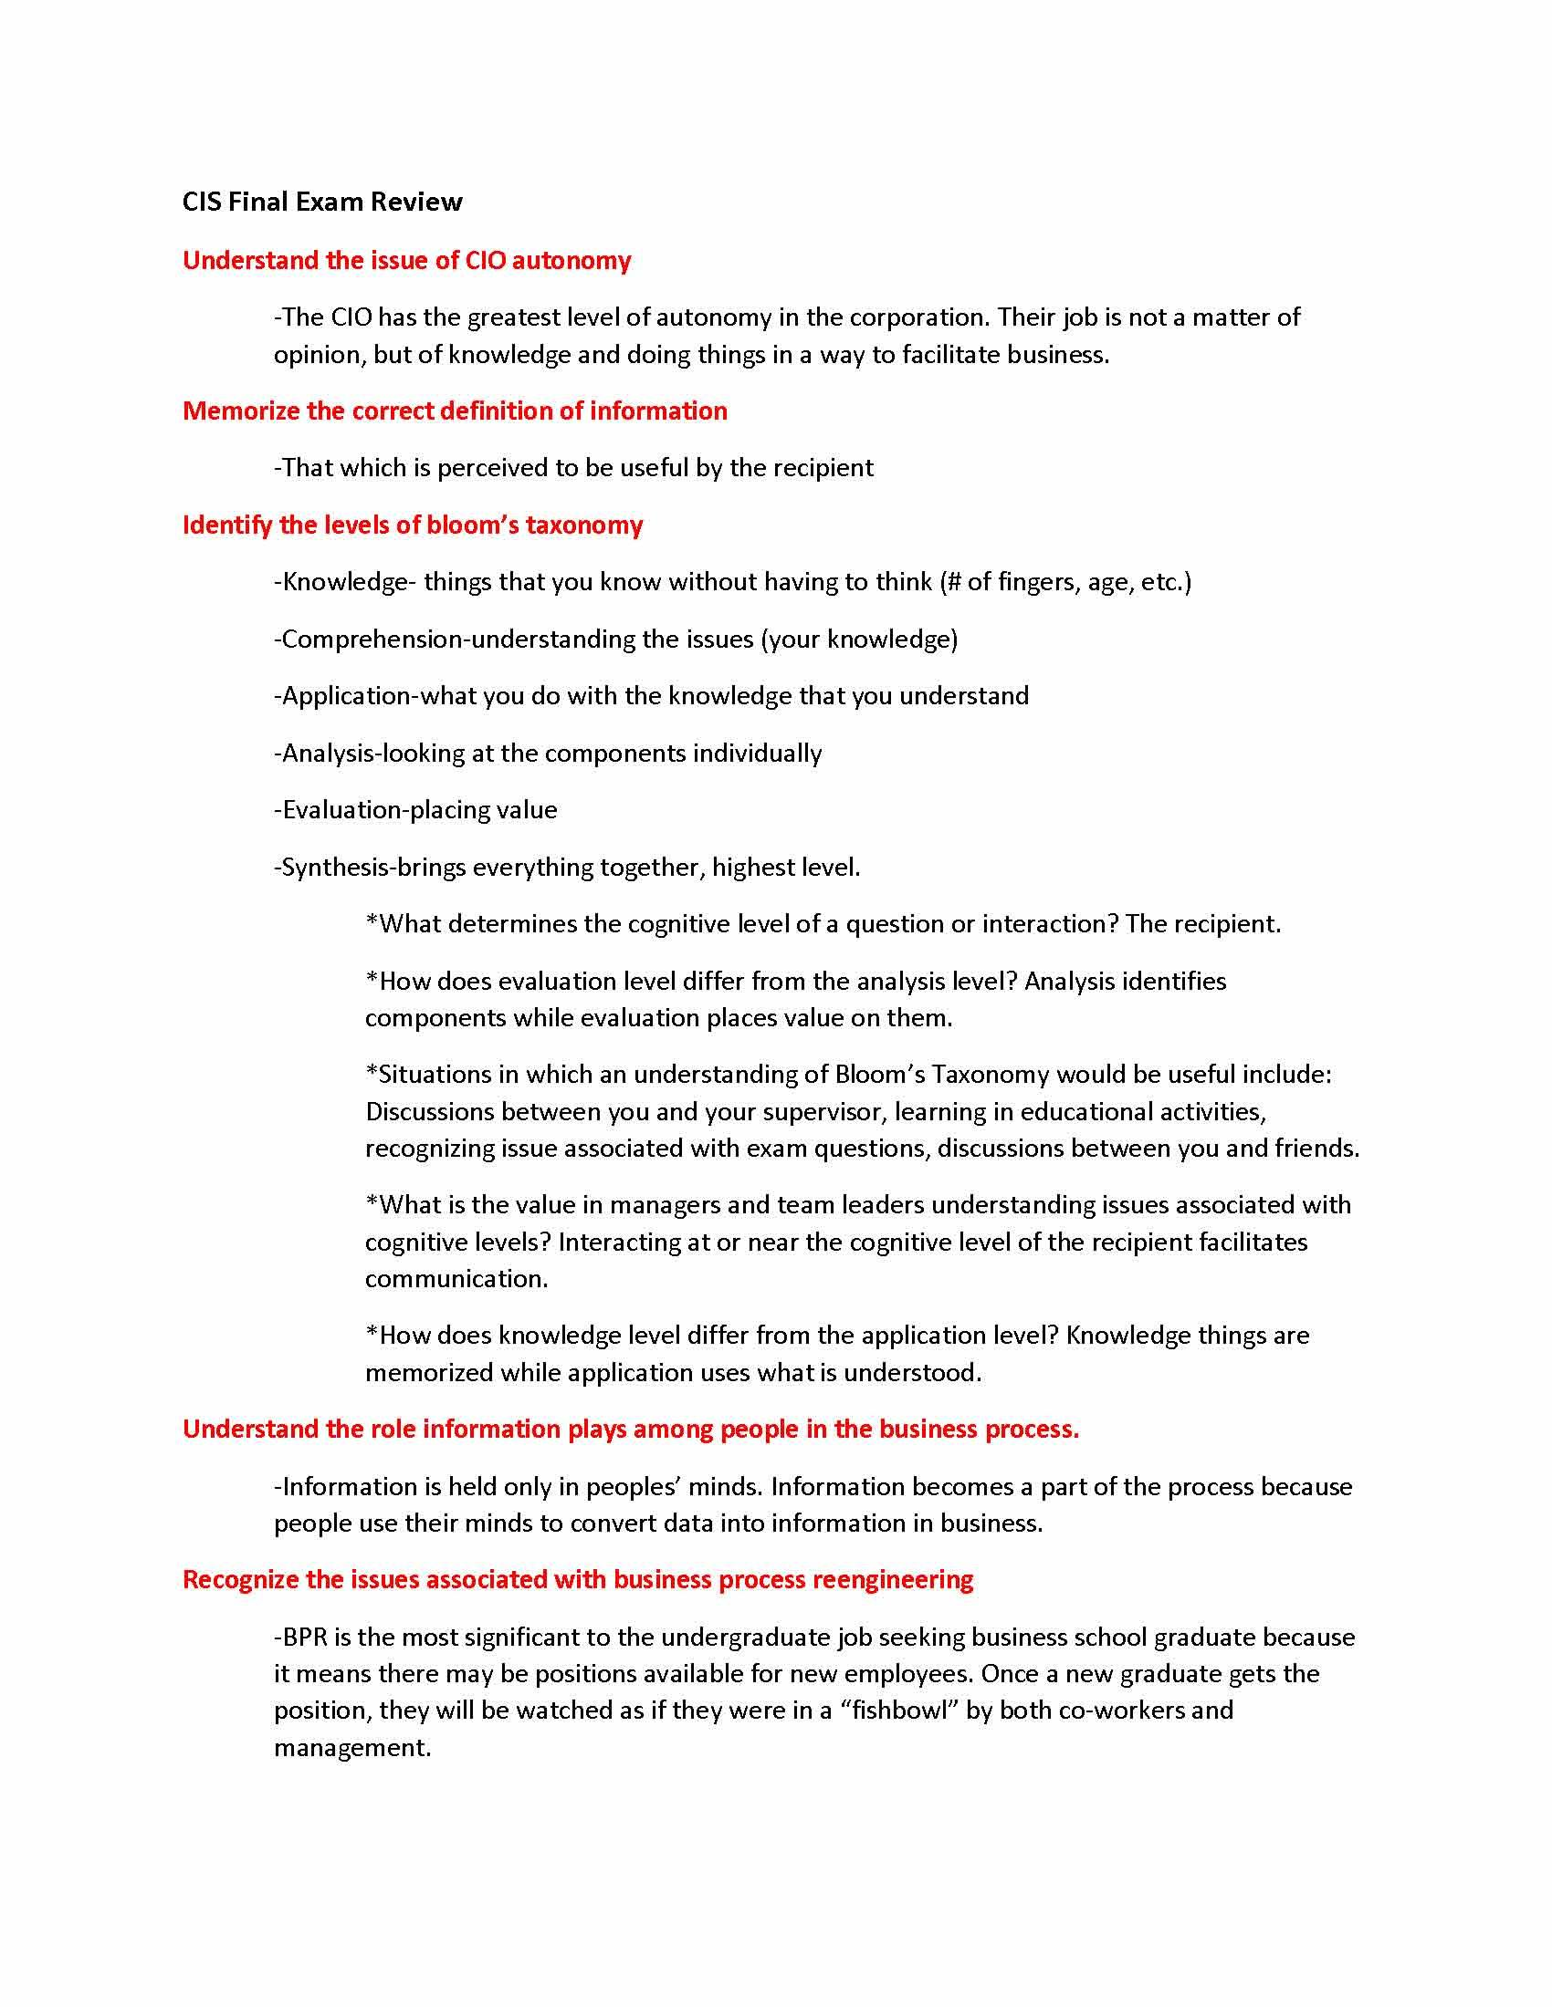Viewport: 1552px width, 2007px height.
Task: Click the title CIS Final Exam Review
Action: [321, 203]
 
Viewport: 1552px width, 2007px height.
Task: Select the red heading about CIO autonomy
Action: [406, 261]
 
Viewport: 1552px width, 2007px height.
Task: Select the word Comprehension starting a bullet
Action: [372, 640]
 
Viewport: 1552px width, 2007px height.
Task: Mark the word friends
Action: [1316, 1149]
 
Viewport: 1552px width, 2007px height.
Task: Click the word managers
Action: [657, 1205]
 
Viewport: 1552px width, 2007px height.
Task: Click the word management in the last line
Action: [351, 1748]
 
